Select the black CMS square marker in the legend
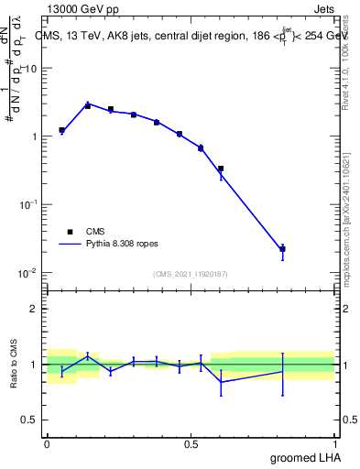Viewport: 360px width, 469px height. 70,232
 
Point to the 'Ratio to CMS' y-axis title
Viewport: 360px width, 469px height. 14,365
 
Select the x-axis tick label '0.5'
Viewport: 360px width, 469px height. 191,442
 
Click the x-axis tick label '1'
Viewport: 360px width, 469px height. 335,442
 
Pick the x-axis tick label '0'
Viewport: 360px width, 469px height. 47,442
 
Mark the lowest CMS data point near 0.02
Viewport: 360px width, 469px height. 283,248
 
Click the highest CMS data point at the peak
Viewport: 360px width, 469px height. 88,105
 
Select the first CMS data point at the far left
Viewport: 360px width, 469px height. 61,130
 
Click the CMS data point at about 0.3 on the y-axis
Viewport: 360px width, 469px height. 221,169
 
